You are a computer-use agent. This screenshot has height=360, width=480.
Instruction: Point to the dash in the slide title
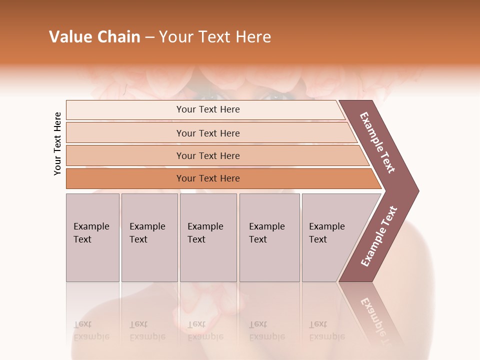150,37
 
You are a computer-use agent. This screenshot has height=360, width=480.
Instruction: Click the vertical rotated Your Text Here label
57,143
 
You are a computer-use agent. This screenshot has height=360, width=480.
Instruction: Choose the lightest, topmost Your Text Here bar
207,109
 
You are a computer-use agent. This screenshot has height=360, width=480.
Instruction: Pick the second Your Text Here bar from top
207,133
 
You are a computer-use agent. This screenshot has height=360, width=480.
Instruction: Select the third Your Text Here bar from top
207,155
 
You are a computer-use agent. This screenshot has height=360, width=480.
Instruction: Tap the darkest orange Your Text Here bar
207,178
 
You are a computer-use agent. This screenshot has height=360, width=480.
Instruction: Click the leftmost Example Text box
92,237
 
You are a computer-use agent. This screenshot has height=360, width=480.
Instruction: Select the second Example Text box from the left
149,237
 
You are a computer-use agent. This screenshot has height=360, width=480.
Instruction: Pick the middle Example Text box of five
208,237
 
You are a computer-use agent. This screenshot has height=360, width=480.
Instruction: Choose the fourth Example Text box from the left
269,237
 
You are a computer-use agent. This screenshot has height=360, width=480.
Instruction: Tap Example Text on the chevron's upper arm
377,142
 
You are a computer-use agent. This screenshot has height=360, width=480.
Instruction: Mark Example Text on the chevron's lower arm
379,236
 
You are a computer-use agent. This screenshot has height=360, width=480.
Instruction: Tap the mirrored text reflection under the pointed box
326,330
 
